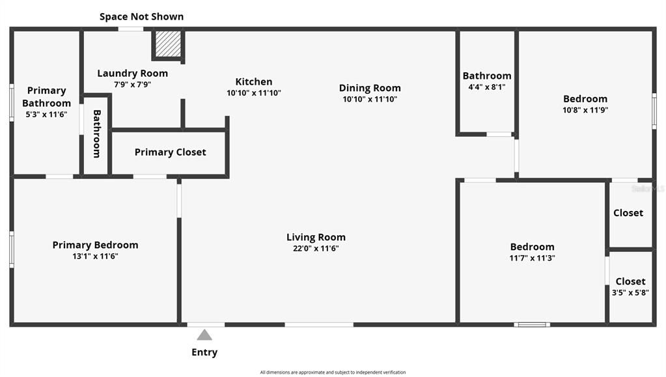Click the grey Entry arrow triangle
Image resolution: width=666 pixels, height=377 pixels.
pos(204,335)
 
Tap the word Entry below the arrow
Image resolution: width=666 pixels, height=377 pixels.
pos(204,352)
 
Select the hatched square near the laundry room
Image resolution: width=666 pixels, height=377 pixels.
pos(168,44)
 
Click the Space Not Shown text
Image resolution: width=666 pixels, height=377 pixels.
pos(141,16)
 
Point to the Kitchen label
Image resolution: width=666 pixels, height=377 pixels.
pos(254,81)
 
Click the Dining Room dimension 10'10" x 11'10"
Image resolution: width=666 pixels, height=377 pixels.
pos(370,100)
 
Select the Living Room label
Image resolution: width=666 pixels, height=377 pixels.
pos(316,237)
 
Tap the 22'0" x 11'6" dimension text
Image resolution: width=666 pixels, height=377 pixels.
pos(316,248)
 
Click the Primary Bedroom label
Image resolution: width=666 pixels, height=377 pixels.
pos(95,245)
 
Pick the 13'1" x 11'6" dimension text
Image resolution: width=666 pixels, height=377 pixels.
pos(95,256)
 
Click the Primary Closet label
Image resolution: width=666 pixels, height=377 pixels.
pos(170,152)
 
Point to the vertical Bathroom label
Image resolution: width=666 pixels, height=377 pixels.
pos(96,133)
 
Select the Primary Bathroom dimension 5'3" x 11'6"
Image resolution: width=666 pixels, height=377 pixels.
pos(46,115)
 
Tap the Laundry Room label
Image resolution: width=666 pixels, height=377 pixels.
pos(132,73)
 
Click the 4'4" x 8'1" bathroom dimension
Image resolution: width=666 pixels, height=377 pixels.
pos(486,87)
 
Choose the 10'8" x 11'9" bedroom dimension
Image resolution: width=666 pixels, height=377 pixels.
pos(585,110)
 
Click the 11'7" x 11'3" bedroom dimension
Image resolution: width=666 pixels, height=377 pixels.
pos(532,258)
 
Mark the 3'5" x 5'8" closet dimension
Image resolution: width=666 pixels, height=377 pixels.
pos(630,292)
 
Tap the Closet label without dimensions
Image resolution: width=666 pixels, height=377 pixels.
pos(628,213)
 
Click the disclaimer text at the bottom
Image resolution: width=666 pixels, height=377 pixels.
pos(333,372)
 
